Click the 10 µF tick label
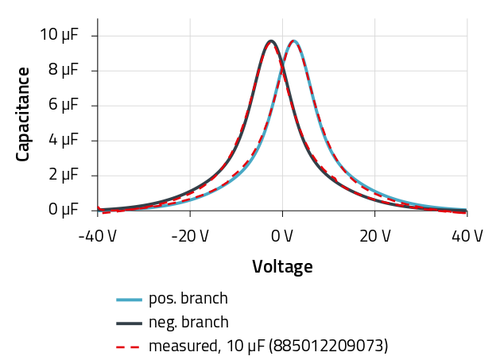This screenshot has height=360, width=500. point(59,35)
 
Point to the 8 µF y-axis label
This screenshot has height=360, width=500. point(63,70)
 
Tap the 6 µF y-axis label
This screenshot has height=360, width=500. point(63,105)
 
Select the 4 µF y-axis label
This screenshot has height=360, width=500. point(63,140)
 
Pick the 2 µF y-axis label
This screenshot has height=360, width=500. point(63,175)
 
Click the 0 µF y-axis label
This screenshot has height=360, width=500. point(63,209)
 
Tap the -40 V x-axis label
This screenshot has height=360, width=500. point(98,236)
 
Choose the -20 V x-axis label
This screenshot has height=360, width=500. point(190,236)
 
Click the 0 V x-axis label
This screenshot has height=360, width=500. point(282,236)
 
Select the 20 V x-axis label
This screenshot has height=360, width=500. point(375,236)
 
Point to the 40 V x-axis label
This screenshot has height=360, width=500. point(467,236)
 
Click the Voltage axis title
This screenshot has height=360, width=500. point(282,267)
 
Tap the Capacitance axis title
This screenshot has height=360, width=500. point(23,114)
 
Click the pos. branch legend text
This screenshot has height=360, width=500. point(188,299)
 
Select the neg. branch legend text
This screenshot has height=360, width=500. point(188,323)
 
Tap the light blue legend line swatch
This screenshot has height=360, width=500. point(129,300)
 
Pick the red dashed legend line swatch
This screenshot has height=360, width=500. point(129,347)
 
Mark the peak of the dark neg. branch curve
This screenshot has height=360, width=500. point(271,41)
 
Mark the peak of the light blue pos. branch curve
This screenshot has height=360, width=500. point(294,41)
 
